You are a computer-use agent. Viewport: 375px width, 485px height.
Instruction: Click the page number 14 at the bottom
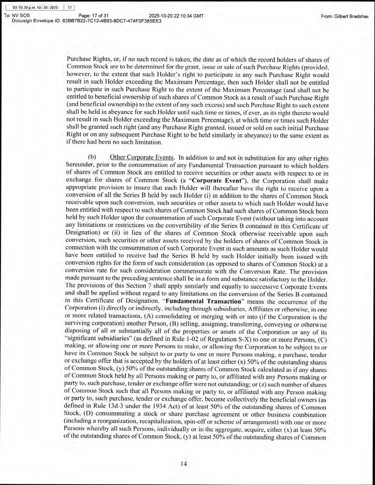[184, 464]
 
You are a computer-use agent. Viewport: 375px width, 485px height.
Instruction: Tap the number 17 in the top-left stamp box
[70, 8]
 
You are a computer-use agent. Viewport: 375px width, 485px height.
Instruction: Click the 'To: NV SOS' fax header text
[17, 16]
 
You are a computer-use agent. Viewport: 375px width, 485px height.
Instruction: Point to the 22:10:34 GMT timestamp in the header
[189, 16]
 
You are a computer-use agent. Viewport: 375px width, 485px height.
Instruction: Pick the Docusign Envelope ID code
[112, 21]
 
